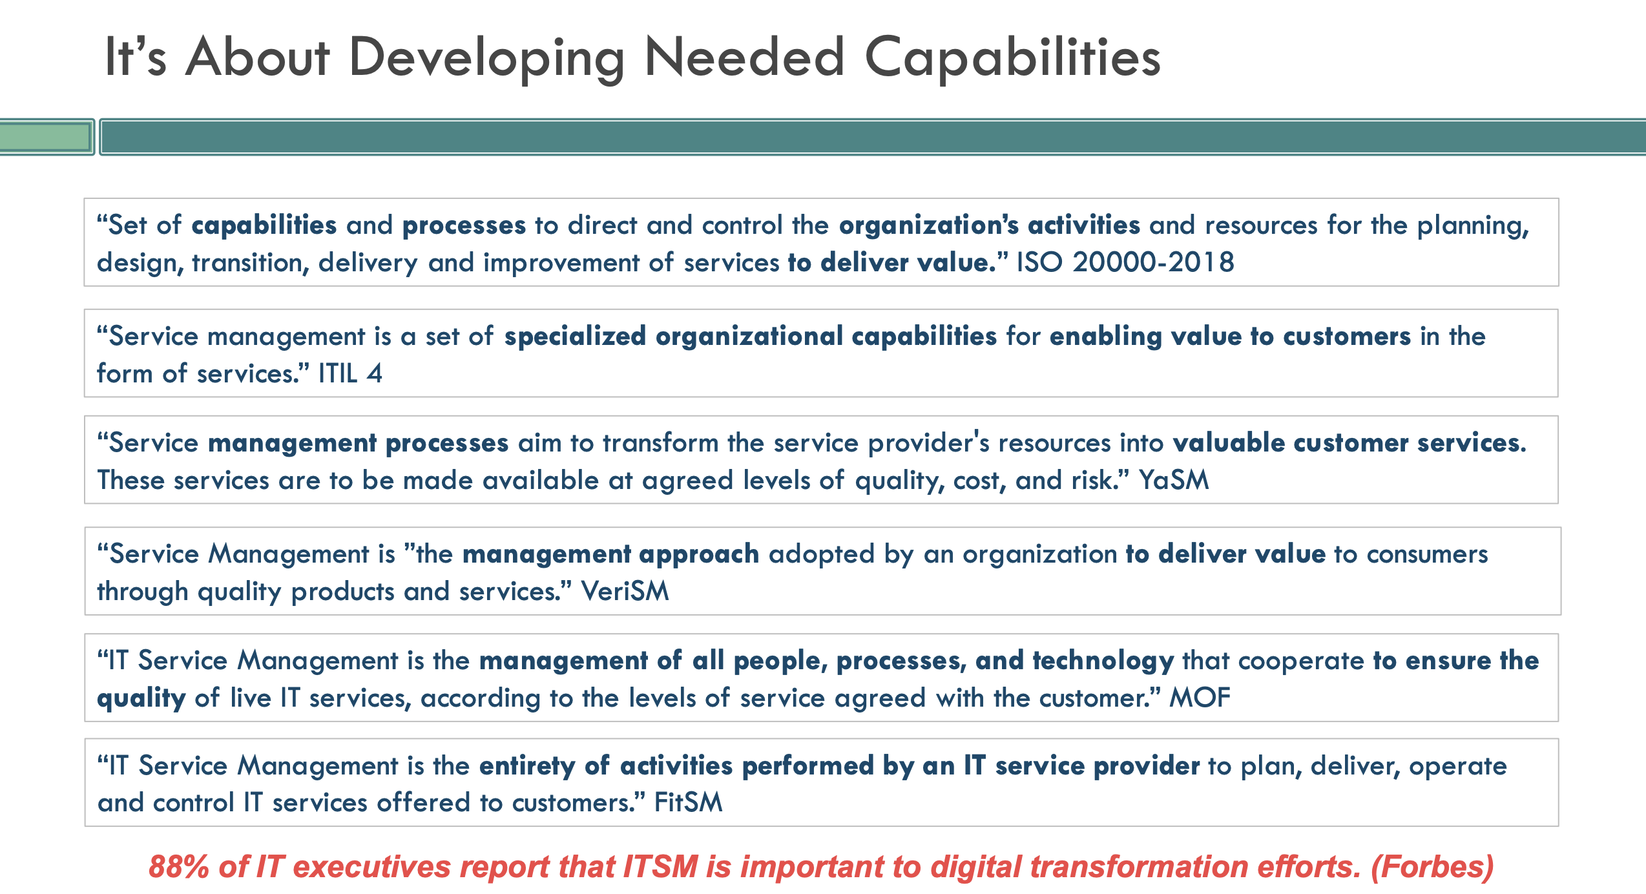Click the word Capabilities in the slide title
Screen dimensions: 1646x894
point(1012,58)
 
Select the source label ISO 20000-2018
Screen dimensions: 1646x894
point(1125,262)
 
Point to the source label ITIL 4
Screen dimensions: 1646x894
point(350,373)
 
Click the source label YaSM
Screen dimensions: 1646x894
point(1173,480)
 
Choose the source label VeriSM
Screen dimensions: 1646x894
point(625,591)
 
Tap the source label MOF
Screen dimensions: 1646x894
point(1200,698)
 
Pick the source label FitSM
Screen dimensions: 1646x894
point(688,802)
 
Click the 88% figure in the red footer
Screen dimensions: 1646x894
point(178,867)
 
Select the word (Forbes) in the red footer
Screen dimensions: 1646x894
point(1432,867)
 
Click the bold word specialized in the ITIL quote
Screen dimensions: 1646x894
point(575,337)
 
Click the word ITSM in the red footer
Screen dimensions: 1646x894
point(660,867)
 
